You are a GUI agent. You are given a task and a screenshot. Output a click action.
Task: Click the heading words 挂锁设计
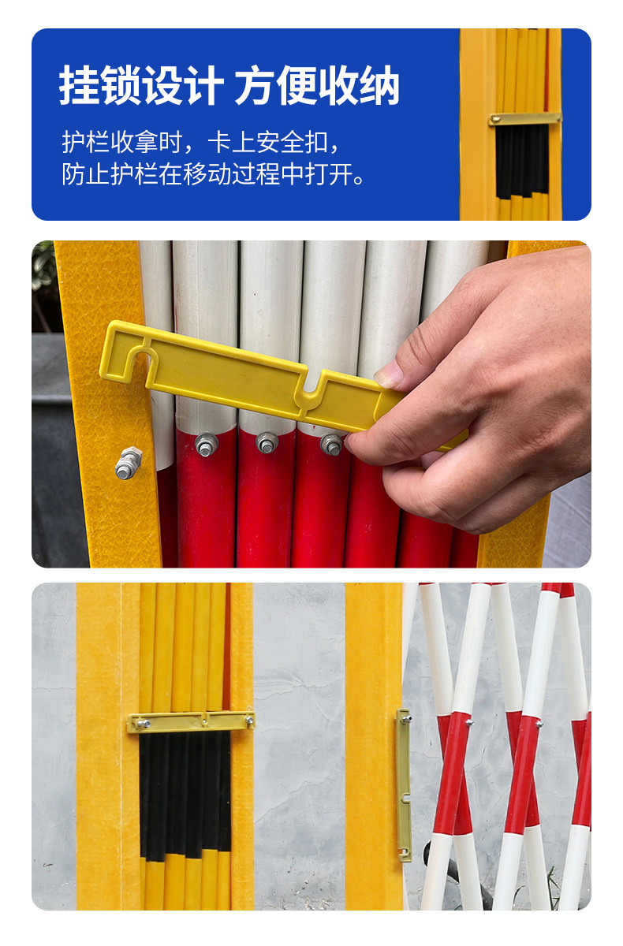(x=142, y=85)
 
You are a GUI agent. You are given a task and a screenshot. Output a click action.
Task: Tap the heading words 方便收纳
(x=317, y=85)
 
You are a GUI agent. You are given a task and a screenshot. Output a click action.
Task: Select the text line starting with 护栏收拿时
(x=201, y=143)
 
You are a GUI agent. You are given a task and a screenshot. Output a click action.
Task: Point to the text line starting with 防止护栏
(x=213, y=173)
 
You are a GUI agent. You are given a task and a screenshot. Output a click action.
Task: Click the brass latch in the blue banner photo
(x=525, y=119)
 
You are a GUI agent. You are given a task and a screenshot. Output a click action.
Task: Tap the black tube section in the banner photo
(x=523, y=162)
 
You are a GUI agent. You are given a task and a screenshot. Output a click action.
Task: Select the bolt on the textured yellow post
(x=129, y=463)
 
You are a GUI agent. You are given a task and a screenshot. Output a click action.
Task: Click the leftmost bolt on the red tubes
(x=206, y=445)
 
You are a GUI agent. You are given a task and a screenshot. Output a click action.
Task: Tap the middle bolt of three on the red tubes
(x=267, y=442)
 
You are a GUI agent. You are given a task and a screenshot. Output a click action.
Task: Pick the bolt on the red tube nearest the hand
(x=330, y=445)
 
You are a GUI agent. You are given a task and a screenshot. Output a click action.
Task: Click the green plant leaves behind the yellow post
(x=43, y=270)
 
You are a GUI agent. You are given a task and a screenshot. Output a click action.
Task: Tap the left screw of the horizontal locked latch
(x=144, y=724)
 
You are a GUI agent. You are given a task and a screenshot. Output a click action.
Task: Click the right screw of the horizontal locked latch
(x=249, y=721)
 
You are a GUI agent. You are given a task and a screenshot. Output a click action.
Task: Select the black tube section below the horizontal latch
(x=185, y=794)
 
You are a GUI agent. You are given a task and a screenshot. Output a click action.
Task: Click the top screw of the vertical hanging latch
(x=406, y=718)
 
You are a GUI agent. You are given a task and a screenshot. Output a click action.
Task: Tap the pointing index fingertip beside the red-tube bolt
(x=353, y=442)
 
